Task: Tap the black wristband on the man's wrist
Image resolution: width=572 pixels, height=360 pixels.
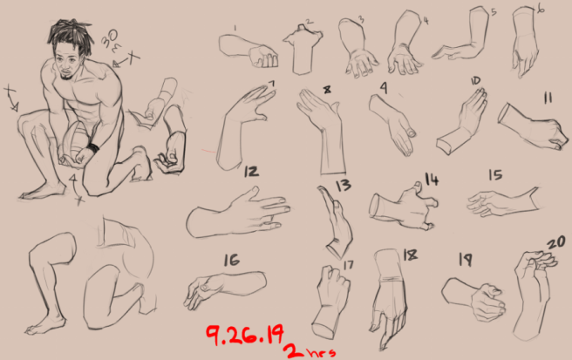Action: pos(92,149)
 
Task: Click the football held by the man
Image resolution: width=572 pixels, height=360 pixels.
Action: pos(78,139)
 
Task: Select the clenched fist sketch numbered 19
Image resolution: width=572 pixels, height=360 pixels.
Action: pos(475,298)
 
